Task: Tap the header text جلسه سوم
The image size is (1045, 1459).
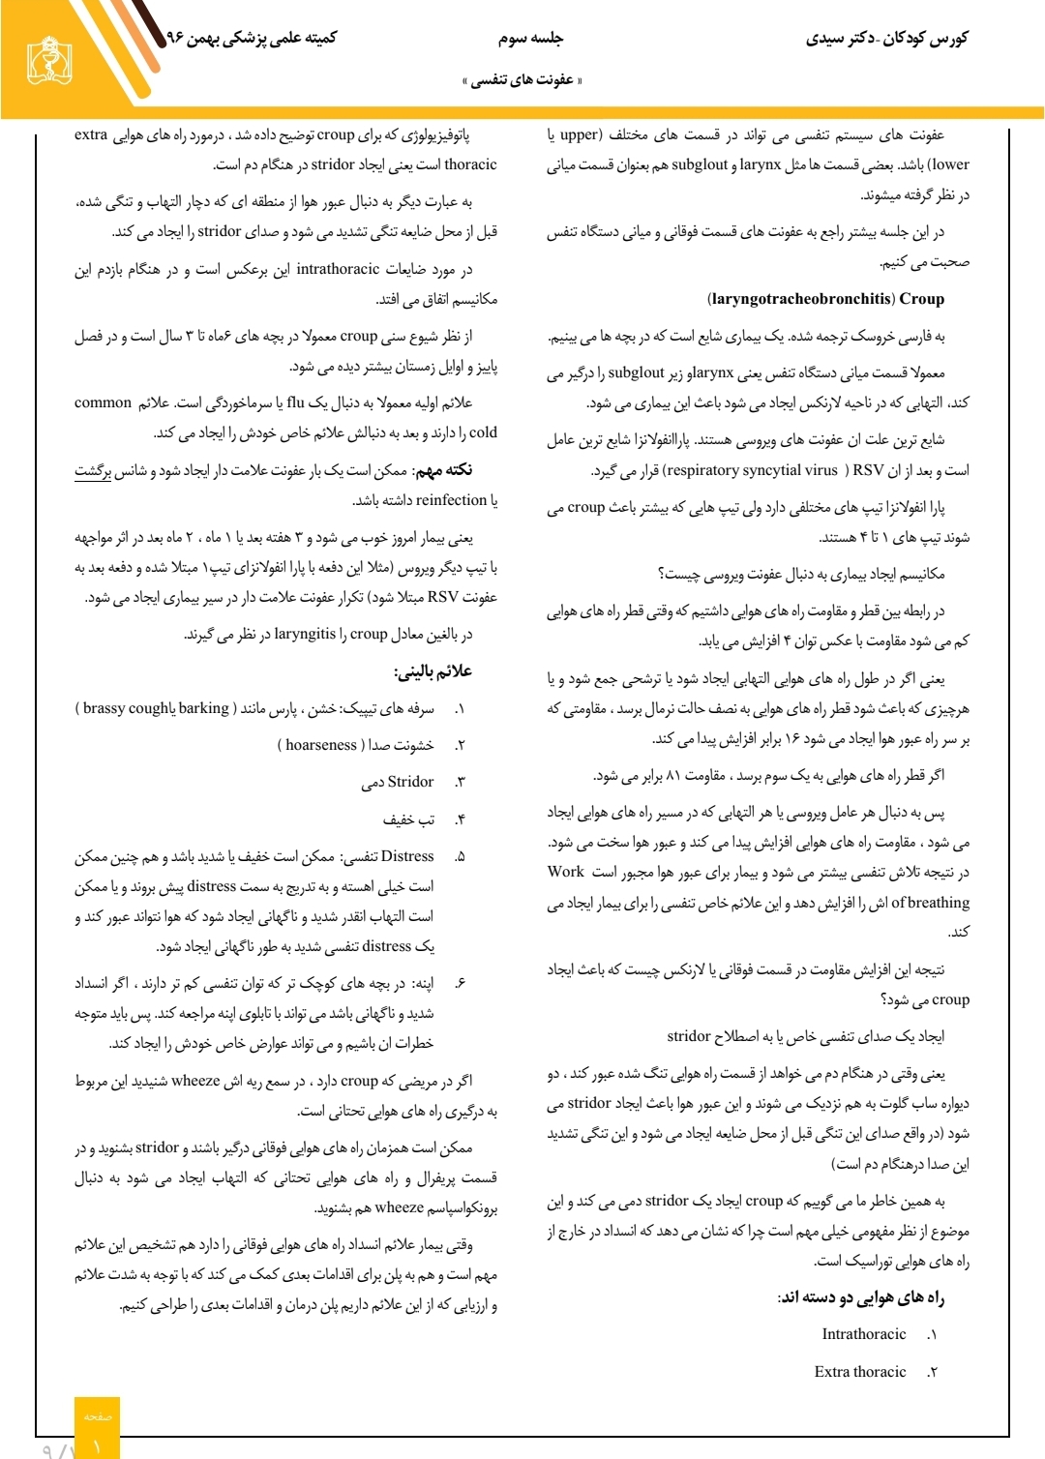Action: click(530, 38)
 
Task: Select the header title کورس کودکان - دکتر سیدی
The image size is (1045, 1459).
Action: click(886, 39)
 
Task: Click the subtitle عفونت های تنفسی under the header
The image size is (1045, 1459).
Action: click(522, 79)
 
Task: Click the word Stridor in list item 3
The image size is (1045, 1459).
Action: click(410, 782)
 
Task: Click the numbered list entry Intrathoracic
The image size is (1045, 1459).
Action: click(864, 1334)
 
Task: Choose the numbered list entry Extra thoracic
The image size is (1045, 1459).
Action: click(860, 1372)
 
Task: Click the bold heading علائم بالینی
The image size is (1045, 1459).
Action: click(433, 671)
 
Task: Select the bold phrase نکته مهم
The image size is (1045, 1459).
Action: click(442, 470)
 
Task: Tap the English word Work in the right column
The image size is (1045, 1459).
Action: click(566, 872)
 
